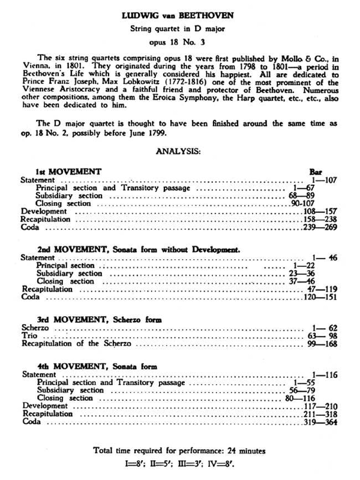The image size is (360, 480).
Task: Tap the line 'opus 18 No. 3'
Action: click(179, 44)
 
